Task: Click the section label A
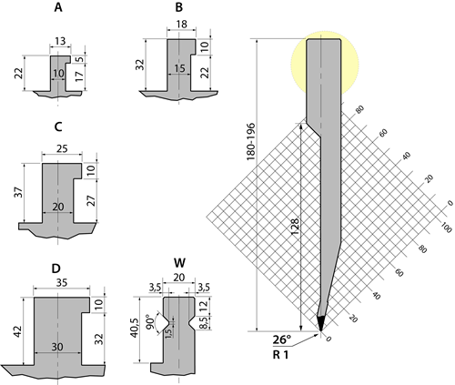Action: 58,8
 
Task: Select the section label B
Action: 179,8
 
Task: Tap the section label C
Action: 58,127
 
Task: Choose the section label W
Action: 179,264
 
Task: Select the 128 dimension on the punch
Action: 294,228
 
